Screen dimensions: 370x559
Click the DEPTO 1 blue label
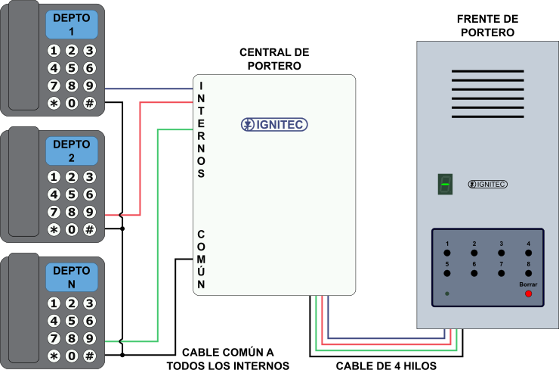(x=72, y=25)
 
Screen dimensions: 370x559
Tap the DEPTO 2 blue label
(x=72, y=151)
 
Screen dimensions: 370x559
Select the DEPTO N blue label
(x=72, y=277)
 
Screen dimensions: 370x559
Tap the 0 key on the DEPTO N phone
(x=72, y=355)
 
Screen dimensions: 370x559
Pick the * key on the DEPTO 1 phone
(x=54, y=103)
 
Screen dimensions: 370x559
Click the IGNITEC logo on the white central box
(x=274, y=125)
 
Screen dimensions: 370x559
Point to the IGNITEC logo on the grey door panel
(x=487, y=184)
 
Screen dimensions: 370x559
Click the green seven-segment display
(x=445, y=184)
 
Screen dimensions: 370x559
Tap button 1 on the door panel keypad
(x=447, y=253)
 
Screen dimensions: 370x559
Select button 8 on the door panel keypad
(x=528, y=272)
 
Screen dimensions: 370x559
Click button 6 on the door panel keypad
(x=474, y=272)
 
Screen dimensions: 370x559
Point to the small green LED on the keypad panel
(x=447, y=293)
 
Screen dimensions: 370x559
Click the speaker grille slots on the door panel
(x=487, y=94)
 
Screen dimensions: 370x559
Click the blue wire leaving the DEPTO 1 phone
(x=147, y=89)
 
